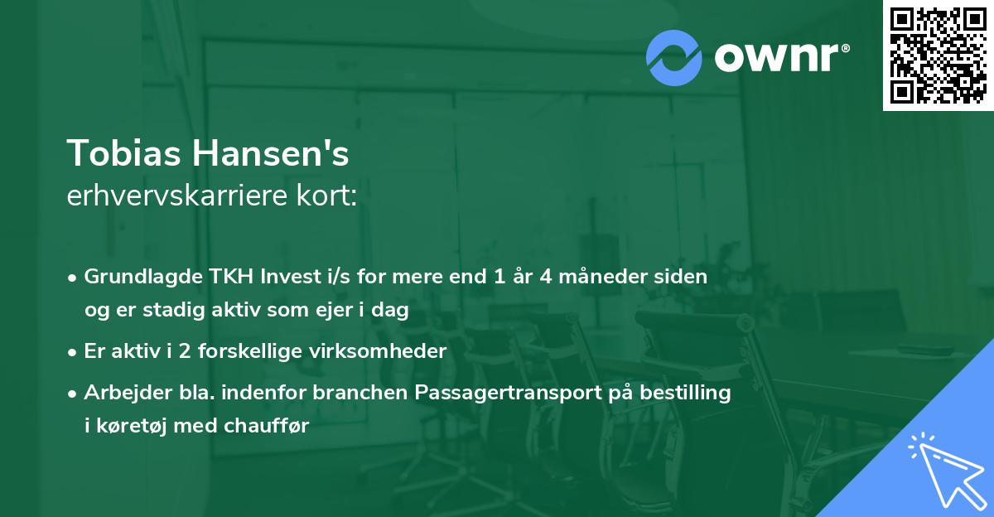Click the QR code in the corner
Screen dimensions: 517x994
pyautogui.click(x=939, y=55)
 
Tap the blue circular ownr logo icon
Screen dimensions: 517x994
pyautogui.click(x=674, y=57)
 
